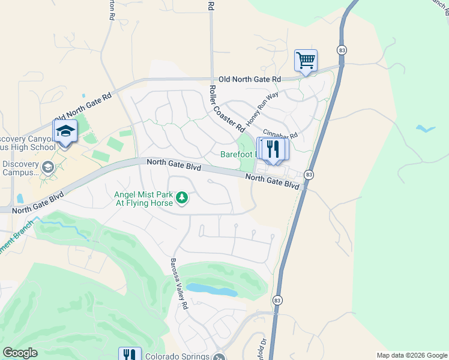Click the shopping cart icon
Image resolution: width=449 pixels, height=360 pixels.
click(306, 61)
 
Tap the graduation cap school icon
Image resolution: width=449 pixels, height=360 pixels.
click(65, 131)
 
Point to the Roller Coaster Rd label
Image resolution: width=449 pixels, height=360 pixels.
click(226, 108)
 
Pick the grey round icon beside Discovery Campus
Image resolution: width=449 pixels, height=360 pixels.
click(48, 167)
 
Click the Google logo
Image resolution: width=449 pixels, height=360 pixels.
click(20, 353)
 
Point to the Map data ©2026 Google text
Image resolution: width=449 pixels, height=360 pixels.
click(412, 355)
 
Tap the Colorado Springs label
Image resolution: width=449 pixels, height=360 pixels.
click(178, 356)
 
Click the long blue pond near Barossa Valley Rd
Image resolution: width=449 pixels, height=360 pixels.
click(211, 290)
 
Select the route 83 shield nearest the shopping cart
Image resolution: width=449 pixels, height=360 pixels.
click(341, 50)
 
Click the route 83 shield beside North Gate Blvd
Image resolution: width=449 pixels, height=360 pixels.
click(309, 175)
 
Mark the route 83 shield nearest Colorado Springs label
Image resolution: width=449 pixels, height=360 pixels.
click(277, 300)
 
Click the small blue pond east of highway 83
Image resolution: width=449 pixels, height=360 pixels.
click(426, 128)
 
